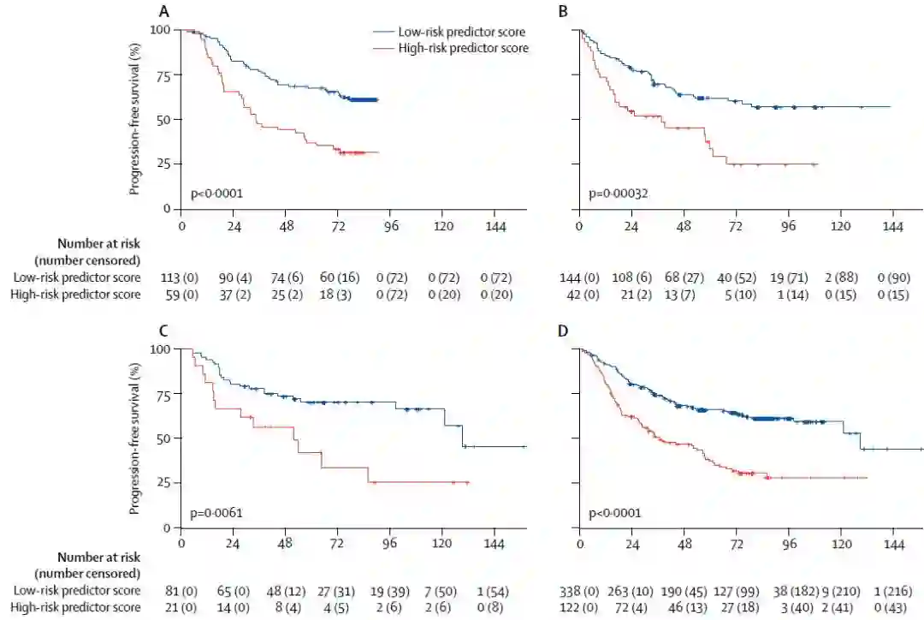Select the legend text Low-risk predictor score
tap(461, 33)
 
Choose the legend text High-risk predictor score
tap(463, 49)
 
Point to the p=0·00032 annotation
tap(618, 194)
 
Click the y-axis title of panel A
tap(135, 120)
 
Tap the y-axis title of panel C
tap(135, 438)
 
